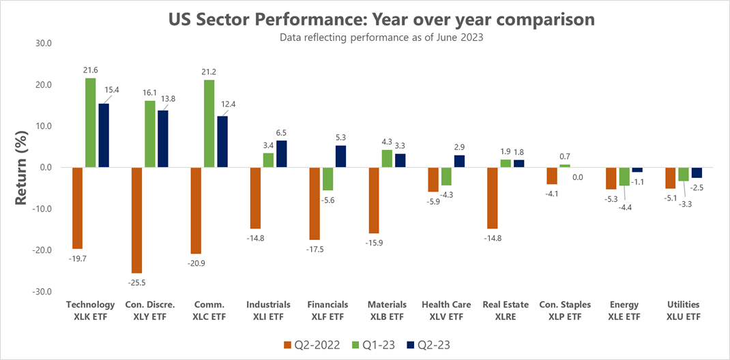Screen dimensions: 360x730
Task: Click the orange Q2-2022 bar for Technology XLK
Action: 78,208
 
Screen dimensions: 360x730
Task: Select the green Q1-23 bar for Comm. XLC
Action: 209,123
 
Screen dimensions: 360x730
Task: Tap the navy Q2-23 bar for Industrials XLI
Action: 281,154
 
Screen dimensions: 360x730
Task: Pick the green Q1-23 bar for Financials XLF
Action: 328,179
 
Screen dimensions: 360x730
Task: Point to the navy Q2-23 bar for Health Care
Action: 459,161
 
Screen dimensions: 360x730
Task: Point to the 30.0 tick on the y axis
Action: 42,44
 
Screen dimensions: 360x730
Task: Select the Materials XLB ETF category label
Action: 388,310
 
